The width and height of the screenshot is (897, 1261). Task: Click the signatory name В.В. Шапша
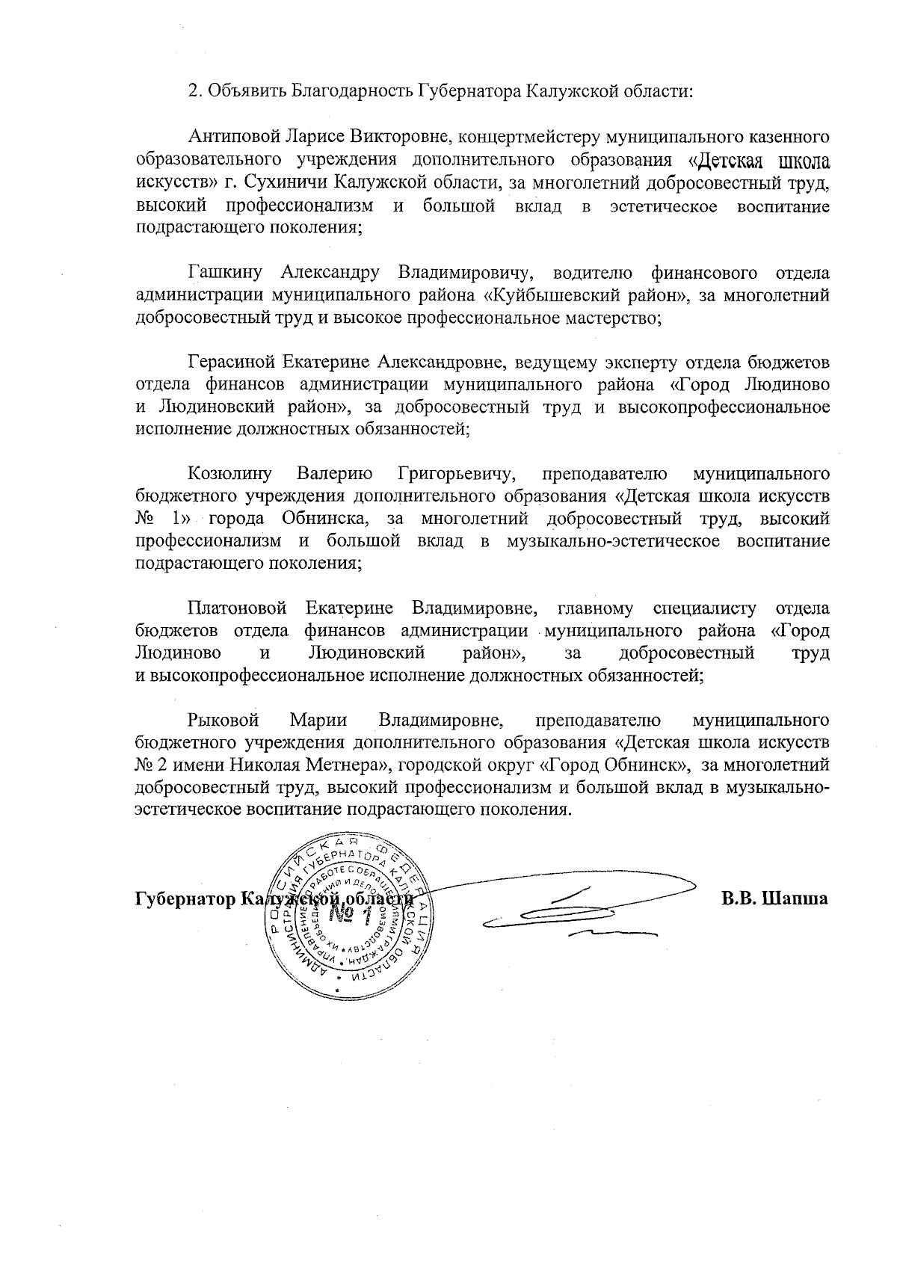pyautogui.click(x=774, y=898)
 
